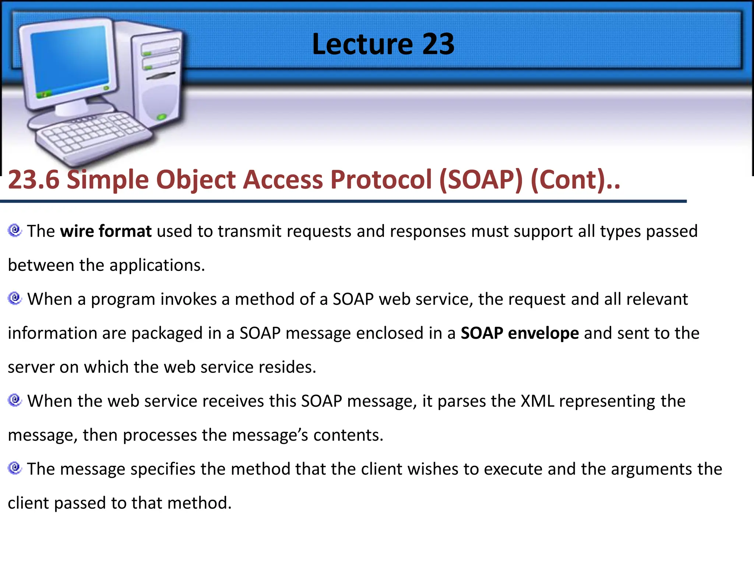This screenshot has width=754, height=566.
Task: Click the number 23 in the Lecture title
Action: coord(438,44)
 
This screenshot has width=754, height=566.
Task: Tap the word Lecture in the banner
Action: coord(362,44)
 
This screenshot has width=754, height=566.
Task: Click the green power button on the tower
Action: coord(162,117)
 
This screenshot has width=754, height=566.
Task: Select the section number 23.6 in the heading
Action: coord(34,180)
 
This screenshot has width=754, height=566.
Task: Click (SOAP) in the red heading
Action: coord(481,180)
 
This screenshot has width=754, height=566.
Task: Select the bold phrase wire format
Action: coord(106,231)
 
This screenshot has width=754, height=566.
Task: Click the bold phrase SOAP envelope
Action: coord(519,333)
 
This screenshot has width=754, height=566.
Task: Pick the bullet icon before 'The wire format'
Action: coord(15,231)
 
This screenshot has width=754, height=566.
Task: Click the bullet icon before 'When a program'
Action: coord(15,298)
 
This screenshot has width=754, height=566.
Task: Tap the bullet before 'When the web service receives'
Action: coord(15,400)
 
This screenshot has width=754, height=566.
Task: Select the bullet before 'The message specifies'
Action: coord(15,468)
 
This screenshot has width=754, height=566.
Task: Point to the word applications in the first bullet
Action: coord(157,265)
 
